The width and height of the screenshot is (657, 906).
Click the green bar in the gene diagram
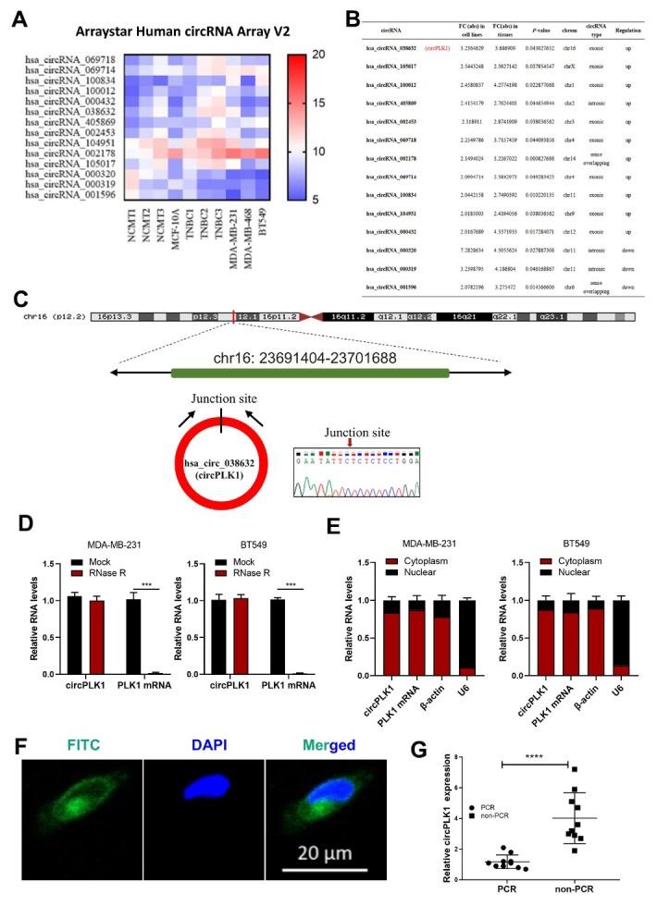coord(309,373)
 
